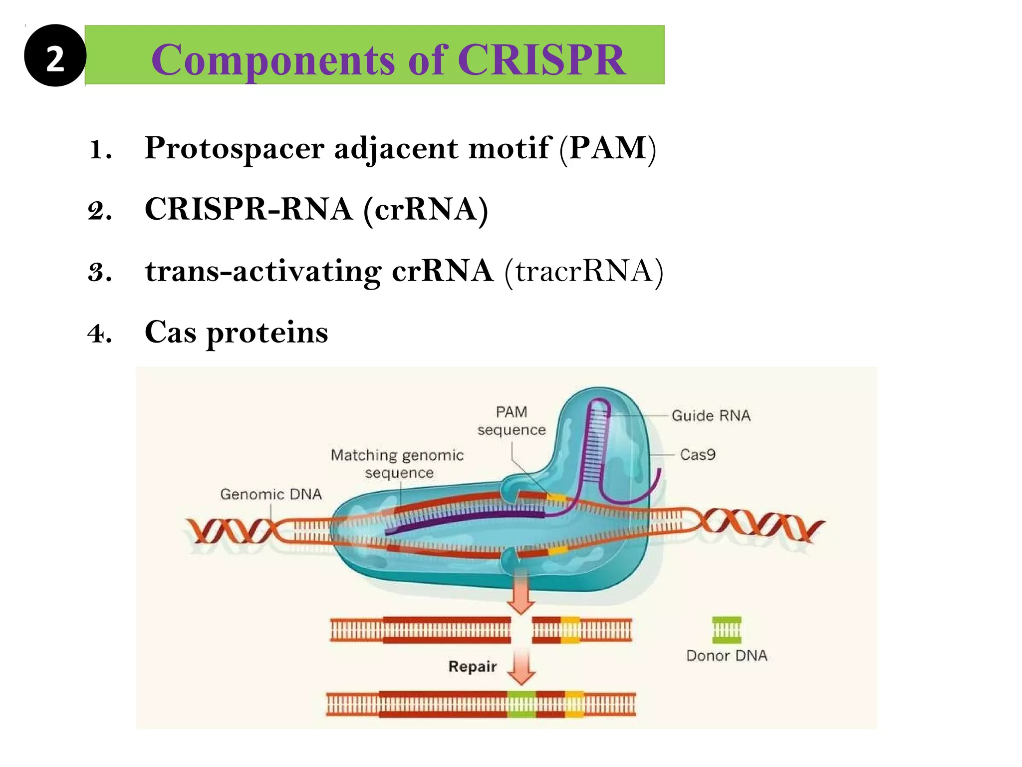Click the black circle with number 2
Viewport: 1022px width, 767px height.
click(x=55, y=55)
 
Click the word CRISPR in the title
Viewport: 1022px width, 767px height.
click(x=541, y=60)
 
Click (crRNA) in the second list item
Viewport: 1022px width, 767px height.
click(x=426, y=209)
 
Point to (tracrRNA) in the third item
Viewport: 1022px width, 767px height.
click(x=583, y=271)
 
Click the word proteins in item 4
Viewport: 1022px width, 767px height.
click(x=267, y=332)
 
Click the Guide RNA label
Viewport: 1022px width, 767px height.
click(x=711, y=415)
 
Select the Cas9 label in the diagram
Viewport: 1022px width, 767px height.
click(x=698, y=454)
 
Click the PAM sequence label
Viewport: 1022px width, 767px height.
click(x=511, y=421)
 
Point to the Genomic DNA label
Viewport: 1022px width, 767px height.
click(x=271, y=494)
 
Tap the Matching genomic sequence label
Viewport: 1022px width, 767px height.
click(x=397, y=464)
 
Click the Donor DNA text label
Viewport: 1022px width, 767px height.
click(x=727, y=656)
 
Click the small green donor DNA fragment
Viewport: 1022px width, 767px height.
click(x=727, y=630)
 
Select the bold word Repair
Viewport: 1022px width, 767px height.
click(x=473, y=667)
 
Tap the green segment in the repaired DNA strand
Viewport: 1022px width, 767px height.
click(x=522, y=705)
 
